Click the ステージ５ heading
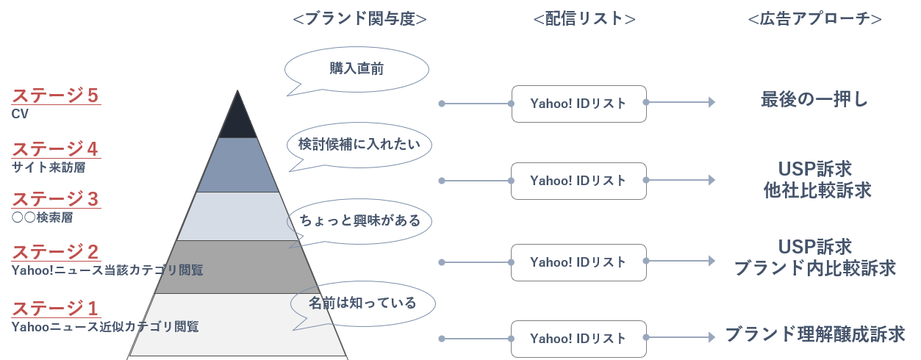click(55, 96)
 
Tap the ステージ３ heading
click(55, 199)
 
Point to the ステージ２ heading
click(55, 253)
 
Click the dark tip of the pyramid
click(237, 120)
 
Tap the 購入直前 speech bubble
click(356, 70)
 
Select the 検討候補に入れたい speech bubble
click(359, 144)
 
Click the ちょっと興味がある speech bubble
click(359, 220)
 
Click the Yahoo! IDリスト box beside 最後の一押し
click(578, 104)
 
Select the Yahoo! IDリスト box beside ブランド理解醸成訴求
click(578, 339)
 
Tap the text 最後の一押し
click(814, 100)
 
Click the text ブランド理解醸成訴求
click(814, 335)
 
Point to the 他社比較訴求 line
click(817, 191)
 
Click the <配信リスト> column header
click(584, 19)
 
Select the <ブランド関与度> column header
click(359, 19)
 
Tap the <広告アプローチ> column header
click(814, 19)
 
